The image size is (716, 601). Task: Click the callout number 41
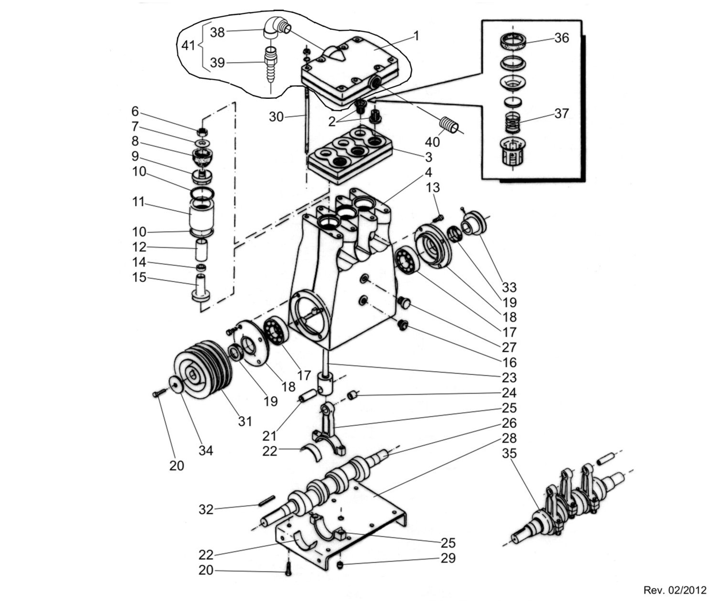188,45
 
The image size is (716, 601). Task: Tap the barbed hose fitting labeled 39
270,65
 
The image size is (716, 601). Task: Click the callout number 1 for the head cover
416,36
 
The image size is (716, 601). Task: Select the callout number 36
562,38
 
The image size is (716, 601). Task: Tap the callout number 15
139,277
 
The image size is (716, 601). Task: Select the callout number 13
433,187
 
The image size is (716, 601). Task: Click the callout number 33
509,287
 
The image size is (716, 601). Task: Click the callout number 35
509,453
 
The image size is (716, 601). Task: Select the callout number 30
276,117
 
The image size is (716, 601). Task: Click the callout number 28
509,438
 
